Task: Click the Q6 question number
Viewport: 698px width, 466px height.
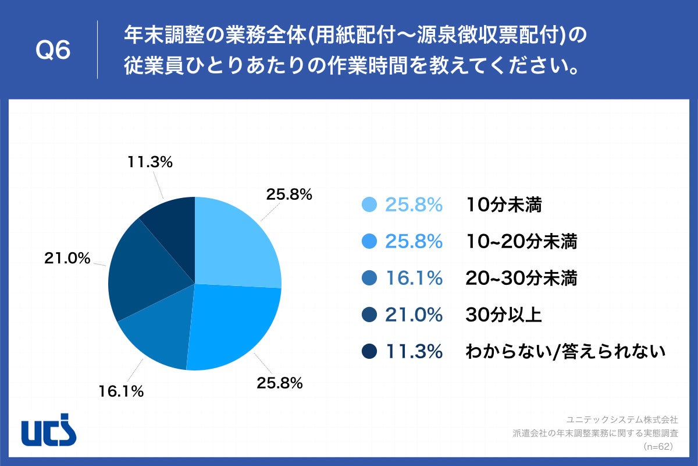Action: pyautogui.click(x=53, y=51)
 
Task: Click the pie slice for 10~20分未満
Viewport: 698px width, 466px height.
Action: pyautogui.click(x=233, y=326)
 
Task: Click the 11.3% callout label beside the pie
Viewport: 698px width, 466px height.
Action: pyautogui.click(x=149, y=163)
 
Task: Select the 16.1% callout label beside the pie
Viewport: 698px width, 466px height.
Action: pyautogui.click(x=120, y=391)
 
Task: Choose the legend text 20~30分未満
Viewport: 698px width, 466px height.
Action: pyautogui.click(x=521, y=278)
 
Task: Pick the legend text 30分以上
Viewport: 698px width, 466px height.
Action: pyautogui.click(x=503, y=315)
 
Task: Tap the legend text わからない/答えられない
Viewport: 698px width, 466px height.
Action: pyautogui.click(x=565, y=351)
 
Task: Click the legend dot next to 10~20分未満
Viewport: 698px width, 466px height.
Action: pyautogui.click(x=369, y=241)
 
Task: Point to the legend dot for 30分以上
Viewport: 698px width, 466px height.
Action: pyautogui.click(x=369, y=315)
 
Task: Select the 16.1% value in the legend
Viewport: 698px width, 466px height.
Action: pyautogui.click(x=414, y=278)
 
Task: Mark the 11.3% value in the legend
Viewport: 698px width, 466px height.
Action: pyautogui.click(x=414, y=351)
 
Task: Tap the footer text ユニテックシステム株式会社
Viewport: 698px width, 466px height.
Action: pyautogui.click(x=622, y=419)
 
